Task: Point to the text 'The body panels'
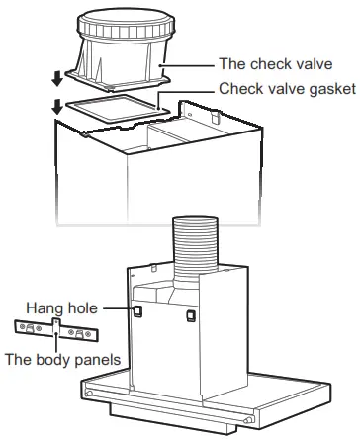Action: [62, 361]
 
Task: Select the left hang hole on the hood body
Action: [138, 310]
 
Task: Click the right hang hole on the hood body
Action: [189, 317]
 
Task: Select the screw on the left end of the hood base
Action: [91, 394]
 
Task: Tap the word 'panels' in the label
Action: [95, 361]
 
